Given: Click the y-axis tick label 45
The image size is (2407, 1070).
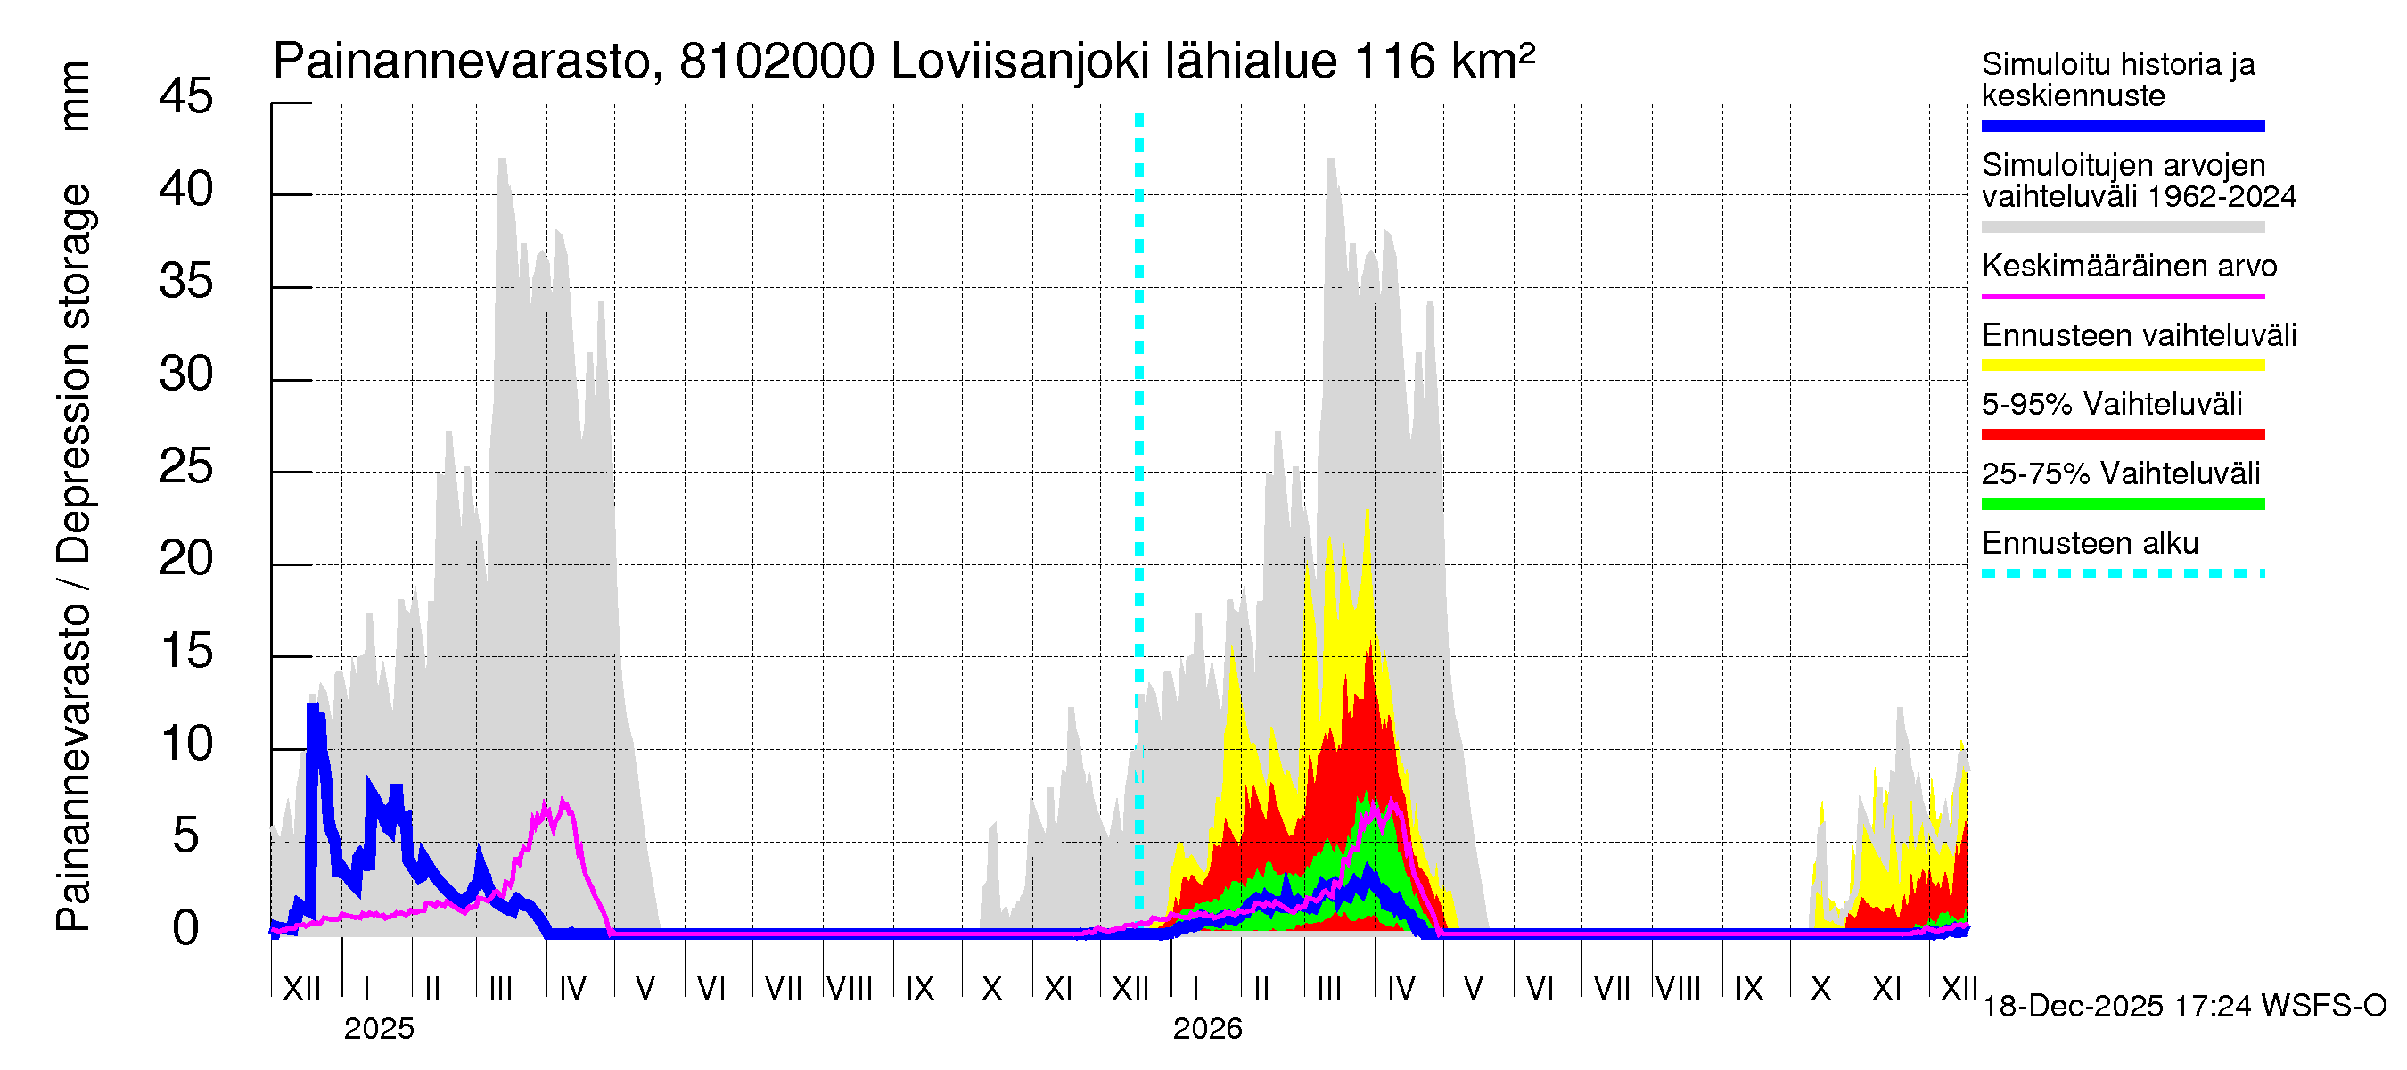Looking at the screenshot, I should (186, 97).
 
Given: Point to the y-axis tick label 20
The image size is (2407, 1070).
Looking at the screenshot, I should (186, 560).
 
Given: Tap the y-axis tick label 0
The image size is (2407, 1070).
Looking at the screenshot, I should (186, 929).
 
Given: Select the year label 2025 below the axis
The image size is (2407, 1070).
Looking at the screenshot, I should (378, 1029).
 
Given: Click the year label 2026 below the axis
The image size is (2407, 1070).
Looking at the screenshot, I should (1207, 1029).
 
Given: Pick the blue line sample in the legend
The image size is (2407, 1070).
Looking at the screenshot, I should (2122, 126).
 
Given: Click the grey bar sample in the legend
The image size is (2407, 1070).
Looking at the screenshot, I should (2122, 227).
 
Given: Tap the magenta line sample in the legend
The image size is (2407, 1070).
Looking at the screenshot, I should (2122, 296).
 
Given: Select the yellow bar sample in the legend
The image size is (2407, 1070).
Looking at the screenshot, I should (2122, 366).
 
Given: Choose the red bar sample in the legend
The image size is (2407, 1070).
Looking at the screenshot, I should (2122, 434).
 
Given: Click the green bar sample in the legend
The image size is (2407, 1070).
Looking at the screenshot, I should (2122, 505).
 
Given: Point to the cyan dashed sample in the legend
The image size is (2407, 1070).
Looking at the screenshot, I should (2122, 573).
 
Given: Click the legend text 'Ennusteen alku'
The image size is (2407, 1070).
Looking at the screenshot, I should (2090, 543).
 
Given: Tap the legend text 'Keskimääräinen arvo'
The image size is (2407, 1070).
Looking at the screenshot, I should (2129, 267).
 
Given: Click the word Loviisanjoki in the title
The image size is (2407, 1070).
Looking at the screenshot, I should (1020, 62).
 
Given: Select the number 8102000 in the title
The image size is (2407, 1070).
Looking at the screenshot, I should (776, 62).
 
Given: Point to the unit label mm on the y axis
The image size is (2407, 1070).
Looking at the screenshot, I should (74, 96).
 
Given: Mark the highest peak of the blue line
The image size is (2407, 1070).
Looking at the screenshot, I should (313, 707).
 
